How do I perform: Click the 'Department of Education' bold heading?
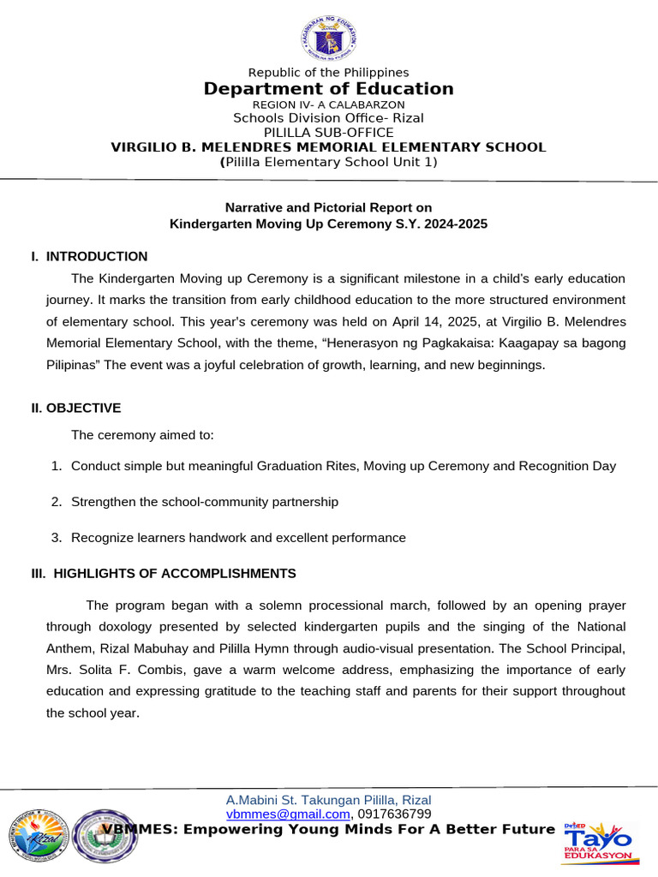click(329, 89)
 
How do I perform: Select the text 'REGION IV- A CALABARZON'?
click(329, 104)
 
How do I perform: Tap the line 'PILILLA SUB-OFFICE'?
click(329, 132)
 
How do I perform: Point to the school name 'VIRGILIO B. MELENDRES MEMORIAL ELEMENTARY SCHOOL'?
click(329, 146)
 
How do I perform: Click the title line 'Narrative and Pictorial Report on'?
click(328, 207)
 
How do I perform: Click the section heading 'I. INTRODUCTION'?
click(89, 256)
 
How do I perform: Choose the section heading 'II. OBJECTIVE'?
click(76, 408)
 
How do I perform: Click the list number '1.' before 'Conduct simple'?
click(56, 466)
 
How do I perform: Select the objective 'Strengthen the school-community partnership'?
click(205, 502)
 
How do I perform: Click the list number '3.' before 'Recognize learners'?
click(56, 538)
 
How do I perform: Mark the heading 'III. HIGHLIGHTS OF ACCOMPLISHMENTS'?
click(164, 573)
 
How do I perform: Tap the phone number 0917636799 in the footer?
click(394, 814)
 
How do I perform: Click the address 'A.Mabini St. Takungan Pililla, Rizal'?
click(329, 800)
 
